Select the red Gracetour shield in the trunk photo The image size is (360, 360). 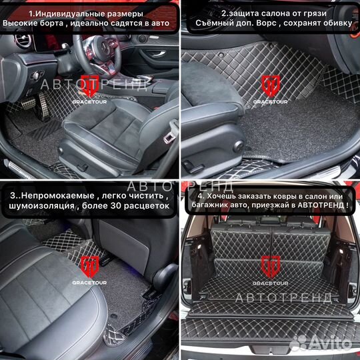tap(270, 265)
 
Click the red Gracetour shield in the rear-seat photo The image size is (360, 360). tap(89, 265)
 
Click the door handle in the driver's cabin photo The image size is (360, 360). tap(142, 39)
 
